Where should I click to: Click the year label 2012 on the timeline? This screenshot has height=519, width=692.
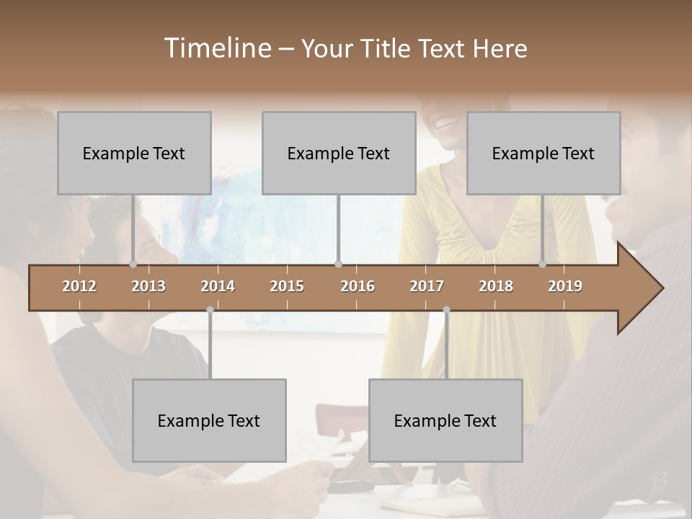(79, 286)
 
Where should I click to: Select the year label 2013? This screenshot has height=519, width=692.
(148, 286)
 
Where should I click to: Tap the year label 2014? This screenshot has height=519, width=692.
(218, 286)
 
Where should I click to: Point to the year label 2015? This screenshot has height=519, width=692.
(287, 286)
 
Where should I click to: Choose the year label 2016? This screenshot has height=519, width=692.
(358, 286)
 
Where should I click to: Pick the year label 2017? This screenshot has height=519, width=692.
(427, 286)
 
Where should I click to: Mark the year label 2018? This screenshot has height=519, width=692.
(496, 286)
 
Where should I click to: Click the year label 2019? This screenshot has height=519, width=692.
(565, 286)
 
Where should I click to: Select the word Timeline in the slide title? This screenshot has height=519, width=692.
(218, 48)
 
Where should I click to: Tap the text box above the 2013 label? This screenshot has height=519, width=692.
(134, 153)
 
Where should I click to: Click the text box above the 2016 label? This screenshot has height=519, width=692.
(339, 153)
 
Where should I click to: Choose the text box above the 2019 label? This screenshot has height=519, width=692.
(544, 153)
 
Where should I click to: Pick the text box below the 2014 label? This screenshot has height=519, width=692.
(209, 420)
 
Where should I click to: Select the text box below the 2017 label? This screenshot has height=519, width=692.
(445, 420)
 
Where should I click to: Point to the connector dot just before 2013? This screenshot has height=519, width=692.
(133, 265)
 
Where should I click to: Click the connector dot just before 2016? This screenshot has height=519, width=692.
(338, 265)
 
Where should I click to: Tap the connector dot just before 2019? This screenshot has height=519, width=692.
(543, 265)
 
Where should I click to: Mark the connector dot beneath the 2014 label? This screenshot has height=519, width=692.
(210, 310)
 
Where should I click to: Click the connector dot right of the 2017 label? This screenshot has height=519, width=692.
(446, 310)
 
